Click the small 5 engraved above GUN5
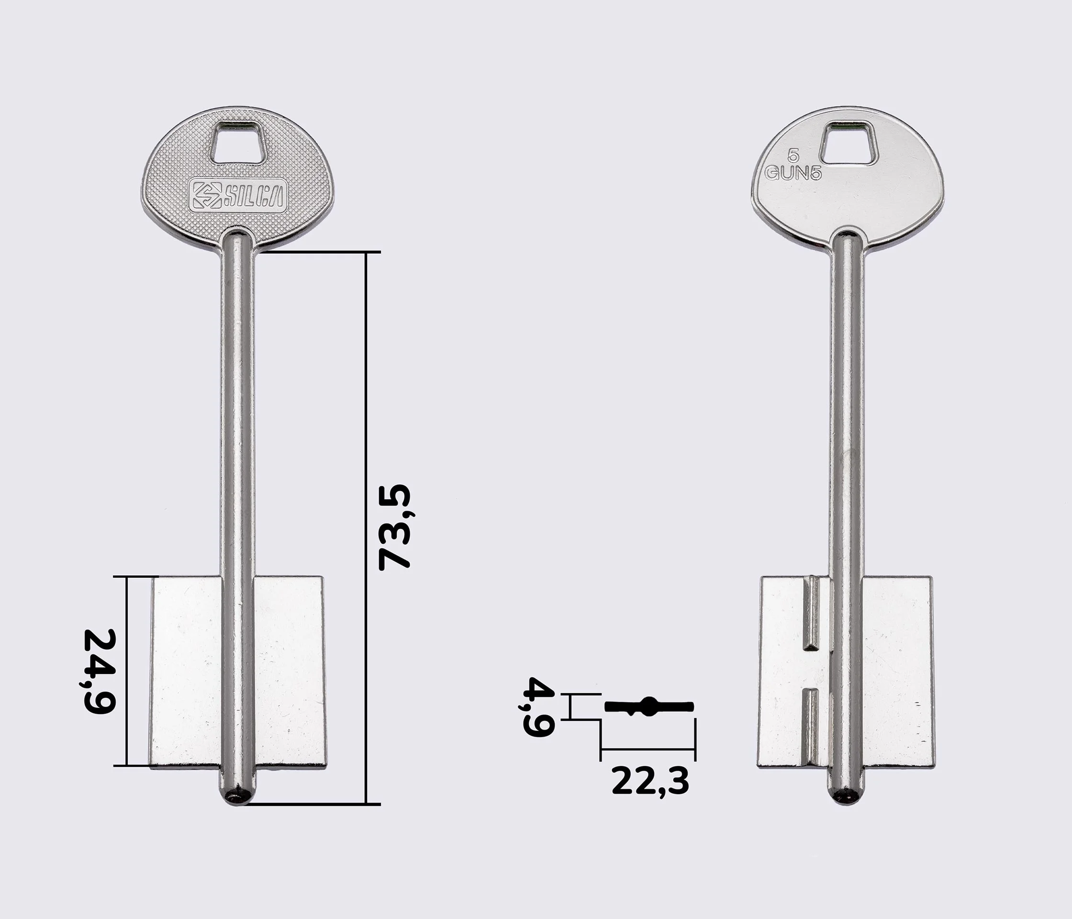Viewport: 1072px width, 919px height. click(x=793, y=155)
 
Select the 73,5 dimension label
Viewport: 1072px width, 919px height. click(x=395, y=527)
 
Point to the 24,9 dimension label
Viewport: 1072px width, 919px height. click(x=100, y=672)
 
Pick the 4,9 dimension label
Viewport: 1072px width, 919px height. click(x=539, y=706)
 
